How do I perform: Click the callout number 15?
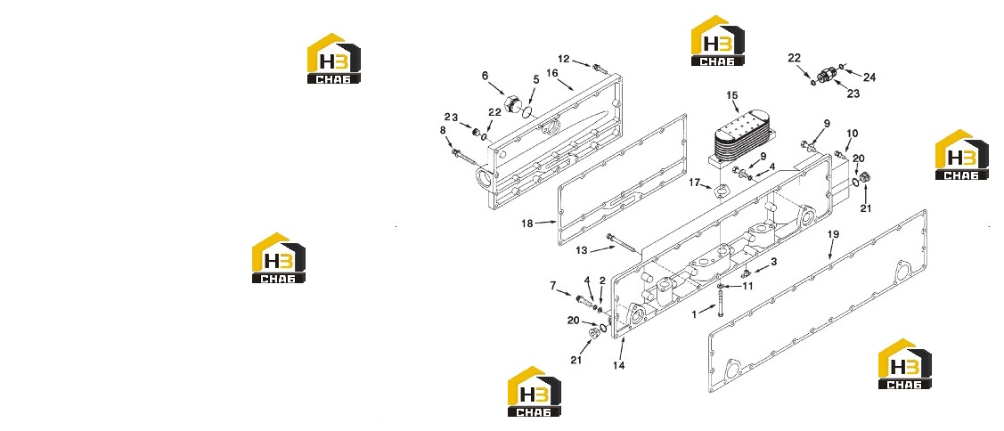tap(732, 96)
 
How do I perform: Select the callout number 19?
tap(832, 235)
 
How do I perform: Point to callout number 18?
tap(527, 224)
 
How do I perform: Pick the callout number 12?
tap(563, 59)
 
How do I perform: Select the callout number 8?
tap(443, 131)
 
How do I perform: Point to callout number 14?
tap(618, 365)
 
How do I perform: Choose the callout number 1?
tap(694, 315)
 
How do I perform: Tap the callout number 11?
tap(747, 286)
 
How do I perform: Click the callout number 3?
tap(773, 262)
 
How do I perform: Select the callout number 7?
tap(553, 286)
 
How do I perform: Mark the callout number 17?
tap(696, 183)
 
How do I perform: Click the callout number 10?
tap(852, 134)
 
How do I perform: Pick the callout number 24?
tap(869, 77)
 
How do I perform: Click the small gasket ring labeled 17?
tap(721, 191)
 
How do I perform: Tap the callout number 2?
tap(602, 281)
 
